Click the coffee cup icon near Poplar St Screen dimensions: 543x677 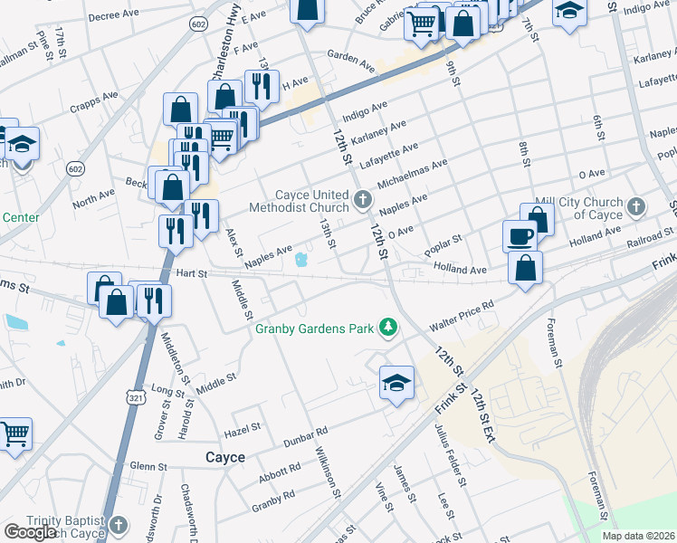(520, 236)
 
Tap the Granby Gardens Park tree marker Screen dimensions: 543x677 (388, 327)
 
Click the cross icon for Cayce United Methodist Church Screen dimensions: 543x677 (362, 199)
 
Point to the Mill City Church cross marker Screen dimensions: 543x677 (635, 207)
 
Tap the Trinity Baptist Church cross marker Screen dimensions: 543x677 (119, 526)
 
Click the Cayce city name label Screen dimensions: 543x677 (224, 458)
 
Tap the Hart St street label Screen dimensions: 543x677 (192, 272)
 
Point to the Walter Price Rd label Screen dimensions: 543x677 (462, 315)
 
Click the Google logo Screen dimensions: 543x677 (30, 531)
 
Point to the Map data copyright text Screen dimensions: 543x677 (638, 536)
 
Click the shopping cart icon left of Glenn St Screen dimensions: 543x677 (14, 436)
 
